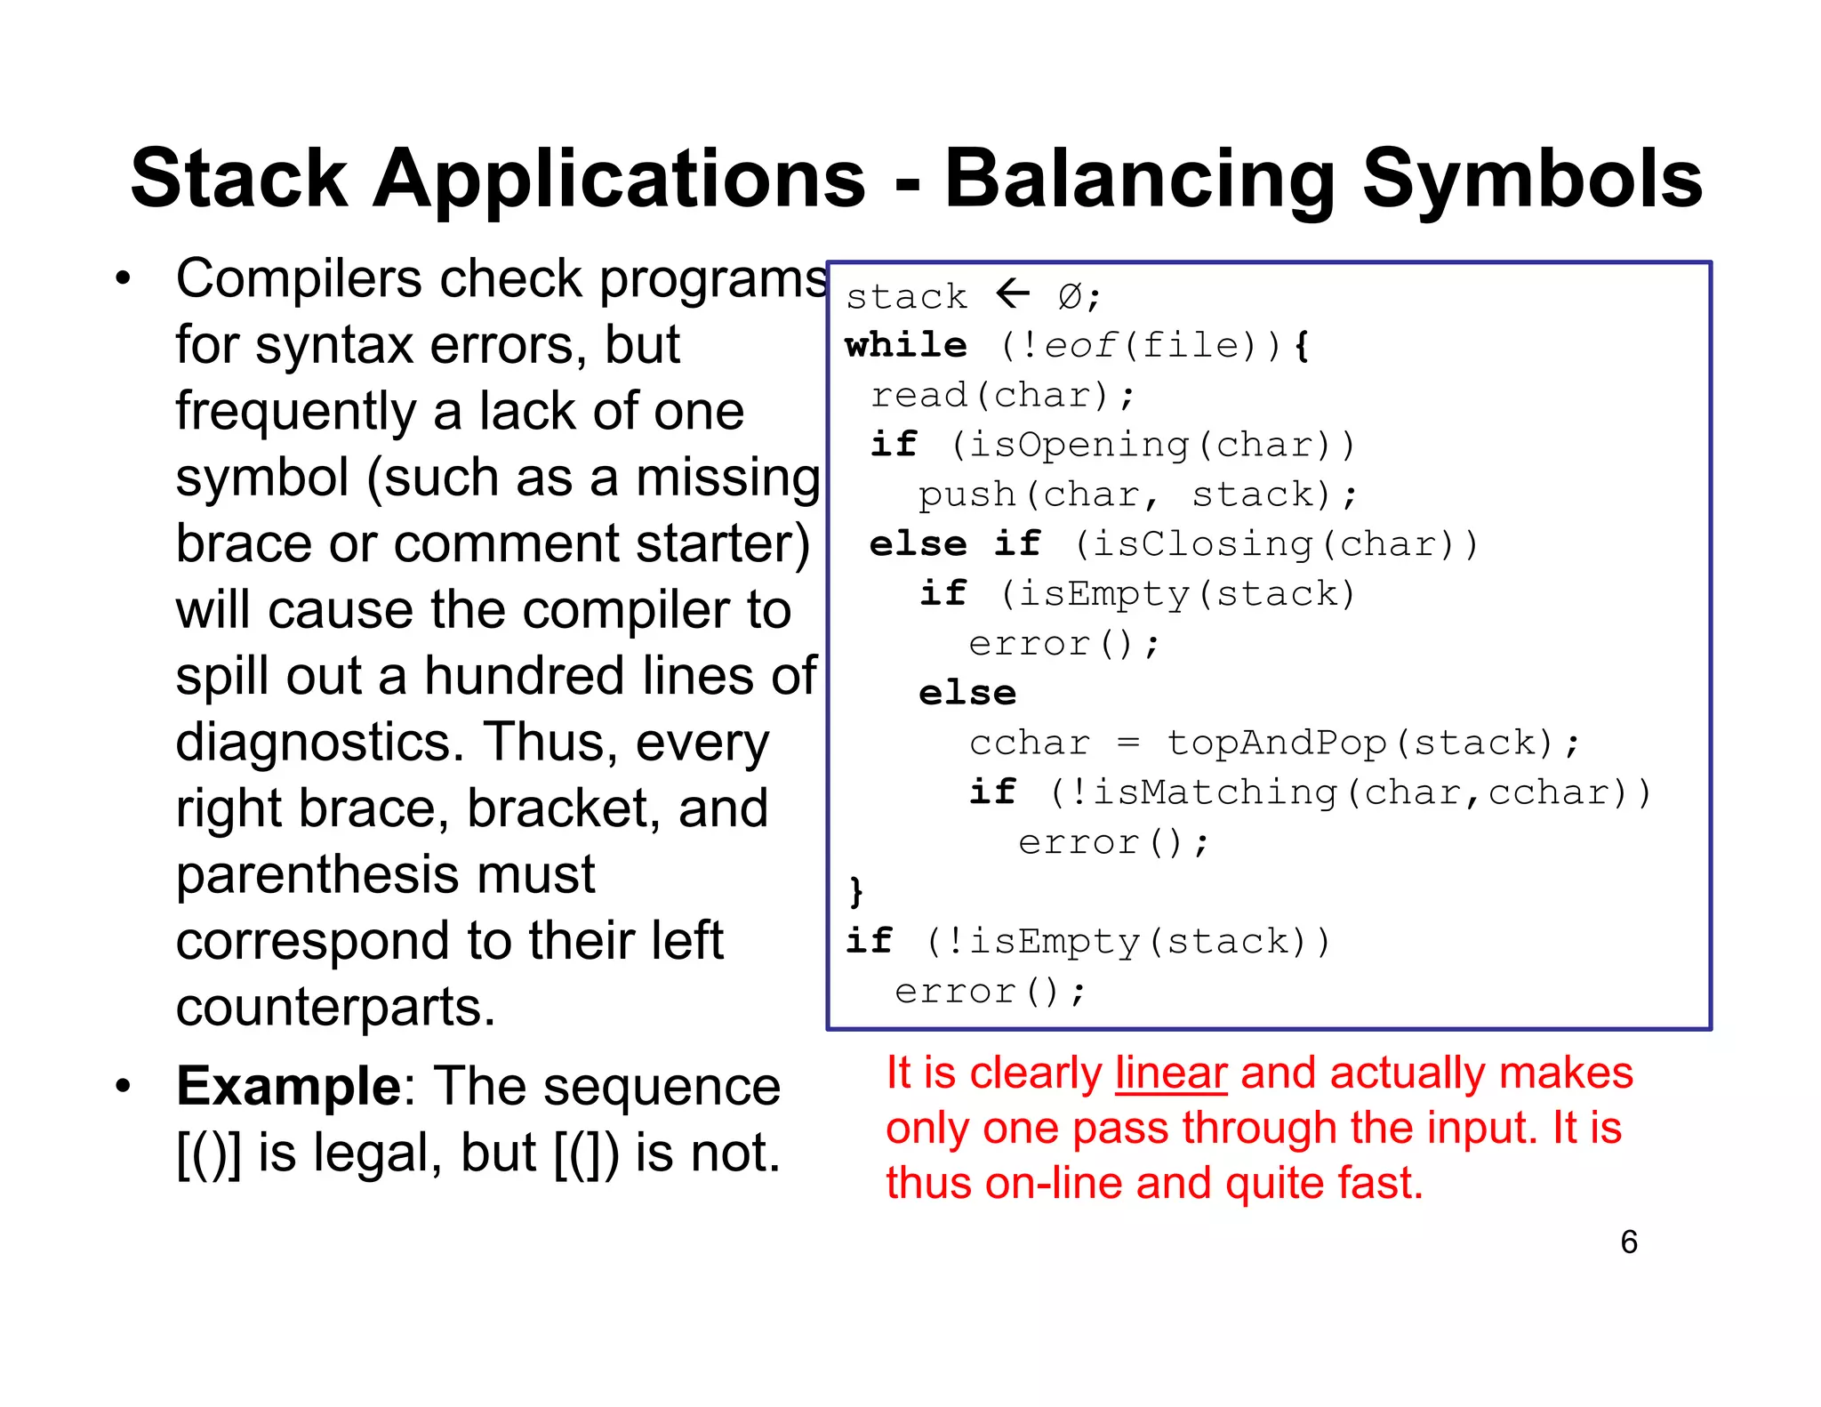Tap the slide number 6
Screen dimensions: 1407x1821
point(1629,1242)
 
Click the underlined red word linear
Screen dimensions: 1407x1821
point(1171,1073)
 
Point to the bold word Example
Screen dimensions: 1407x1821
point(289,1087)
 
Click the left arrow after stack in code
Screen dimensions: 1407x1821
point(1013,293)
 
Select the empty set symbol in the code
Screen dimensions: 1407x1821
point(1070,296)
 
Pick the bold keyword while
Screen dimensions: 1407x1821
point(906,345)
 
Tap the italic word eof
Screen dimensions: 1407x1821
point(1080,345)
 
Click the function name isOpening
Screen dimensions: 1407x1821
point(1079,445)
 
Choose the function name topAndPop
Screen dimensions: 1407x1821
point(1277,743)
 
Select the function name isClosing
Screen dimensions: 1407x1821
point(1202,544)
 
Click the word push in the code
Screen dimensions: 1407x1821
point(967,494)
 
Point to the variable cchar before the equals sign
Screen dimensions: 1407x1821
point(1030,743)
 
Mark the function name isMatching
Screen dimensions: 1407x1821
point(1215,792)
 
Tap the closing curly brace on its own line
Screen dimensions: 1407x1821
point(856,890)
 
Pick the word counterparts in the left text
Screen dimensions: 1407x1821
point(335,1008)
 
